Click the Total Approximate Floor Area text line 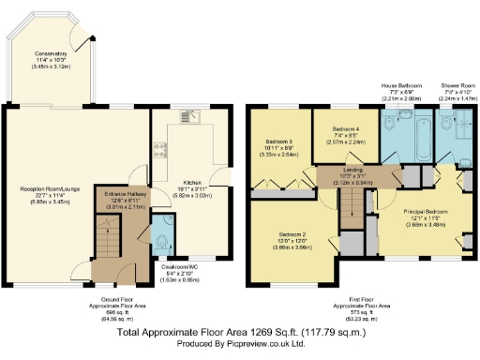click(x=239, y=332)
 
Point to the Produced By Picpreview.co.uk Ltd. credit click(x=239, y=344)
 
